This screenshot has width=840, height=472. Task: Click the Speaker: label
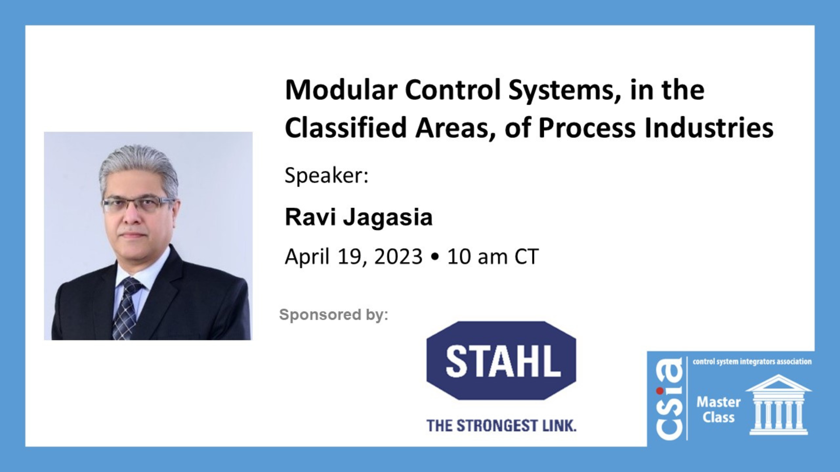326,176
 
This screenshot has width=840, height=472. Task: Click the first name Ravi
310,217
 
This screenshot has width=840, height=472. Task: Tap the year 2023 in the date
398,257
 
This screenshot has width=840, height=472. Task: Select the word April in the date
307,257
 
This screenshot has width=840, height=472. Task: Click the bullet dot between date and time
434,257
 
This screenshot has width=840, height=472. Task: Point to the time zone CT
526,257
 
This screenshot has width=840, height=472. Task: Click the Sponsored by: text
333,315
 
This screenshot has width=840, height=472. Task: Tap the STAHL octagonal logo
501,361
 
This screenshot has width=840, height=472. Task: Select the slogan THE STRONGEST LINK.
501,425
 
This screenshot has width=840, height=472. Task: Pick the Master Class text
718,410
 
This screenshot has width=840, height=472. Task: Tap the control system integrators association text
752,361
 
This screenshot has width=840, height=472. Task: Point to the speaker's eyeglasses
138,204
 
